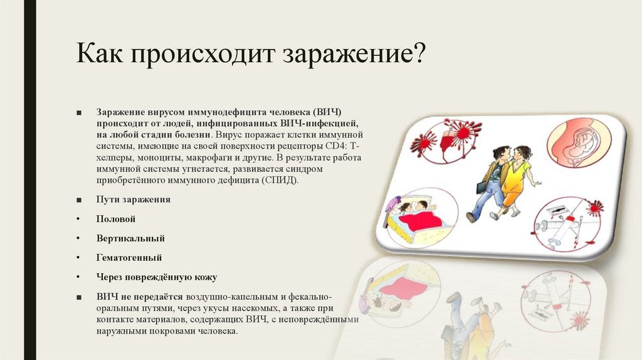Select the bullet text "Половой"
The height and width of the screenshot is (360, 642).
(x=116, y=219)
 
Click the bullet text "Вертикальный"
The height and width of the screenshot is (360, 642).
(x=130, y=238)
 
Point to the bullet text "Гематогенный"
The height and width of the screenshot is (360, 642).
(x=129, y=257)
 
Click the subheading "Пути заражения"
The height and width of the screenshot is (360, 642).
(x=133, y=199)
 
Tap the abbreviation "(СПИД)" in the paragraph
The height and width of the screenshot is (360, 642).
(x=282, y=179)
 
